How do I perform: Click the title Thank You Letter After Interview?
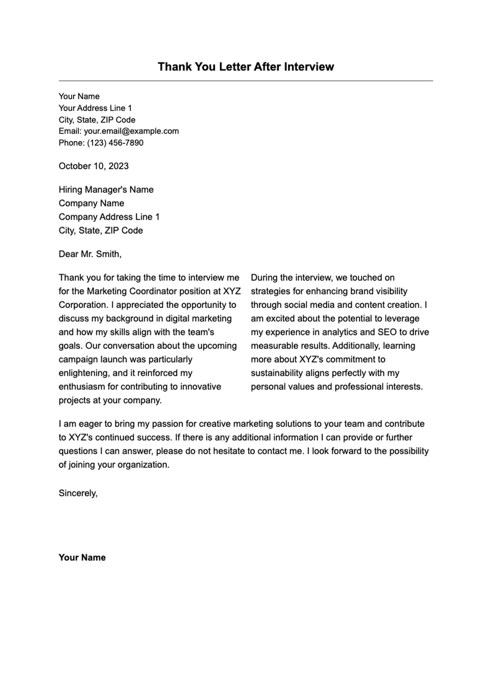coord(246,67)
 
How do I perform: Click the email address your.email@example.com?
coord(131,131)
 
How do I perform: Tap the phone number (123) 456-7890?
coord(115,143)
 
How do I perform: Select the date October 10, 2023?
coord(93,166)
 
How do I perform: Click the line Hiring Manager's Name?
coord(106,190)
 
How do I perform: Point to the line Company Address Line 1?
coord(109,217)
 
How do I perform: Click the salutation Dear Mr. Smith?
coord(90,254)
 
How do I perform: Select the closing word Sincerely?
coord(78,493)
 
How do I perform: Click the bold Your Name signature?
coord(82,557)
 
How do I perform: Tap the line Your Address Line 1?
coord(95,108)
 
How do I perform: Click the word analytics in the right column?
coord(342,332)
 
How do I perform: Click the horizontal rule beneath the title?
coord(246,81)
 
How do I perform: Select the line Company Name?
coord(91,203)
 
